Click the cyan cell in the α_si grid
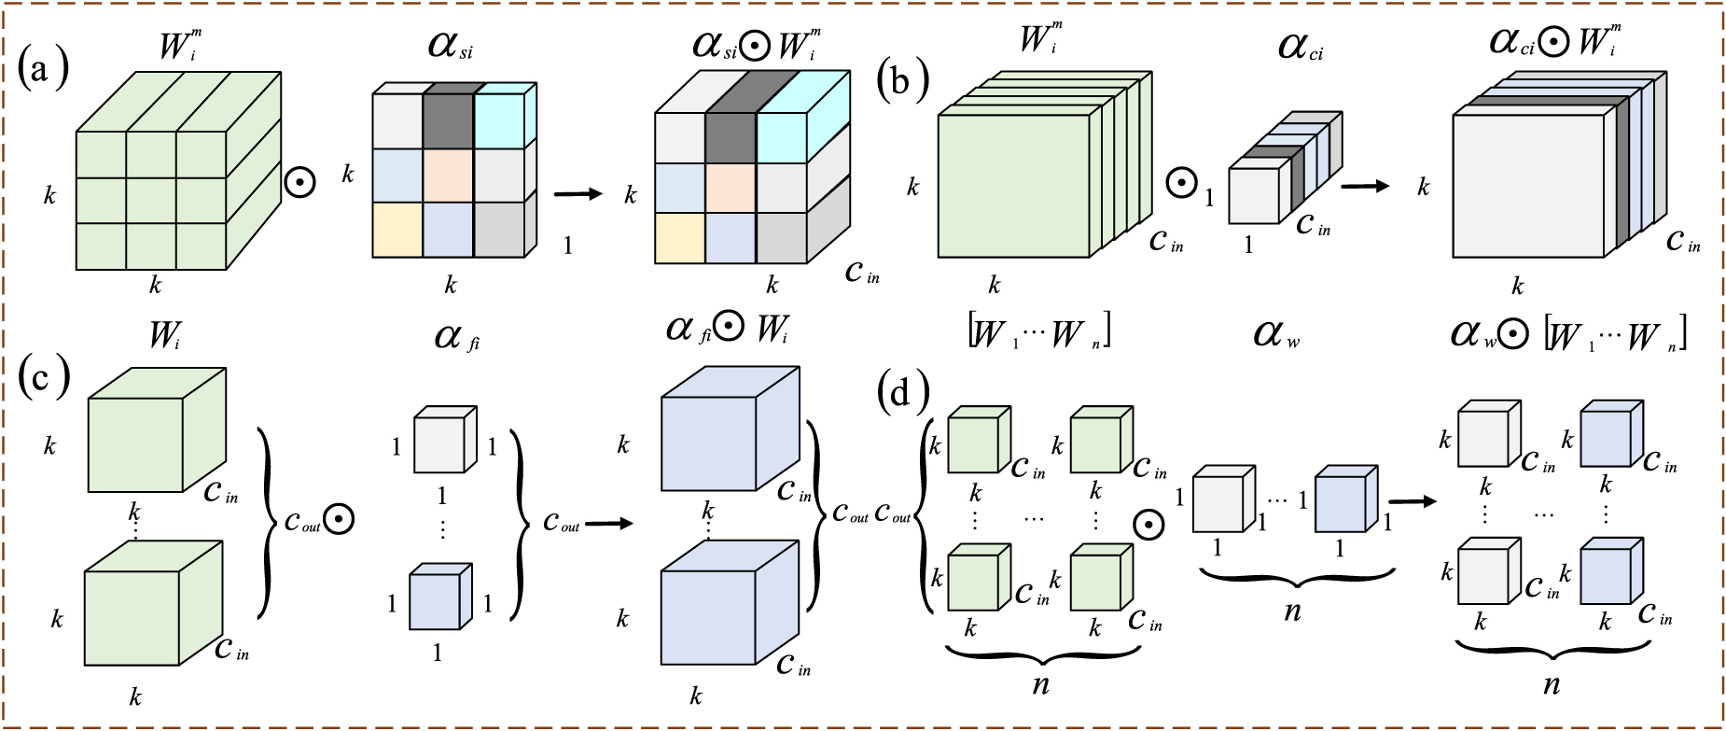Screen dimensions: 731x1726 pyautogui.click(x=499, y=120)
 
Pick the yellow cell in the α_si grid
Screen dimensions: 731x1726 pyautogui.click(x=397, y=230)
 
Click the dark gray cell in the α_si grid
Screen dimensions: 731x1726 pyautogui.click(x=448, y=120)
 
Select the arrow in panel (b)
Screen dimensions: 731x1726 pyautogui.click(x=1365, y=186)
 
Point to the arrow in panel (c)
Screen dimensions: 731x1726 pyautogui.click(x=608, y=523)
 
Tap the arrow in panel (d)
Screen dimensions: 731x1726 pyautogui.click(x=1413, y=502)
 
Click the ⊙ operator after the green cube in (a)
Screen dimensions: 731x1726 pyautogui.click(x=299, y=181)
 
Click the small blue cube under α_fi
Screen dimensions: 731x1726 pyautogui.click(x=436, y=600)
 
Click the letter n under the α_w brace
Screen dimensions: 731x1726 pyautogui.click(x=1292, y=612)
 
